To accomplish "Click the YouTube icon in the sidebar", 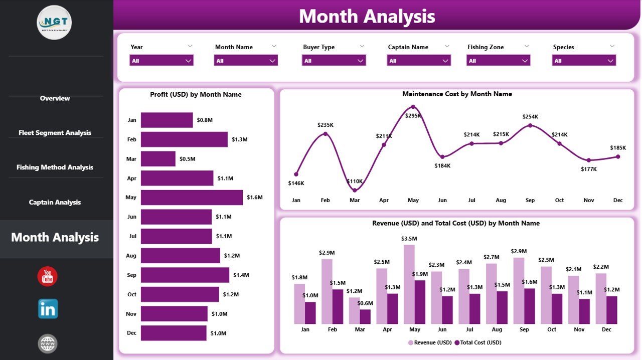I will coord(47,276).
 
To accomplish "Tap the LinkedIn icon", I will coord(48,309).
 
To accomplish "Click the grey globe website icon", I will coord(48,343).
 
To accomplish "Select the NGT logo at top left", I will coord(54,22).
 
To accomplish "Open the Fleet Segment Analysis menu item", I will coord(55,133).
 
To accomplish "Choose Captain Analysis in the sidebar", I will coord(55,203).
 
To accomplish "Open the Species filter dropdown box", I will coord(584,61).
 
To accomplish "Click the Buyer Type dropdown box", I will coord(334,61).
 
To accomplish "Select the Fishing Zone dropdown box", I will coord(499,61).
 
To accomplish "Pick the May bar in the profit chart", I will coord(192,198).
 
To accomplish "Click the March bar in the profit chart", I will coord(158,159).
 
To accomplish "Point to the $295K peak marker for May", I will coord(413,107).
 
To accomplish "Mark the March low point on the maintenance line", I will coord(355,190).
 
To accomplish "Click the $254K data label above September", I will coord(530,117).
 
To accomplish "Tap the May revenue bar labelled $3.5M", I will coord(409,284).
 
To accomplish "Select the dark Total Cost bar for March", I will coord(365,316).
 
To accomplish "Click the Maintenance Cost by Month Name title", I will coord(457,94).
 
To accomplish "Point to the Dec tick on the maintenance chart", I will coord(617,200).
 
